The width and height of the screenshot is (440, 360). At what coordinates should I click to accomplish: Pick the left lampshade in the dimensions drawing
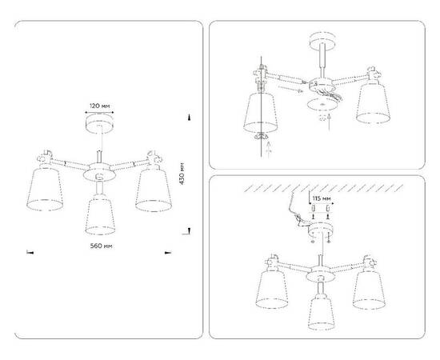click(48, 190)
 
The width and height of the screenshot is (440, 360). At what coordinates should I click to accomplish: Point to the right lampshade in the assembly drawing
click(375, 101)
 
